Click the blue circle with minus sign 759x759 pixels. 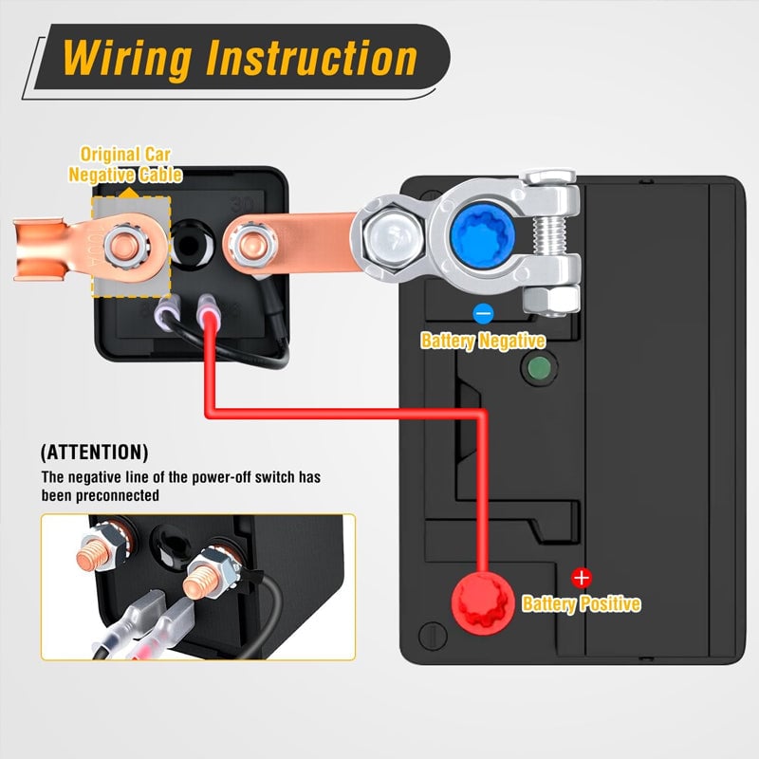[483, 313]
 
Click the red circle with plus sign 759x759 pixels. [582, 577]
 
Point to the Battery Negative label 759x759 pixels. [483, 341]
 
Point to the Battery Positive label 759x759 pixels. [582, 603]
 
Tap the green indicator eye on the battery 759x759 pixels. [539, 368]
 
